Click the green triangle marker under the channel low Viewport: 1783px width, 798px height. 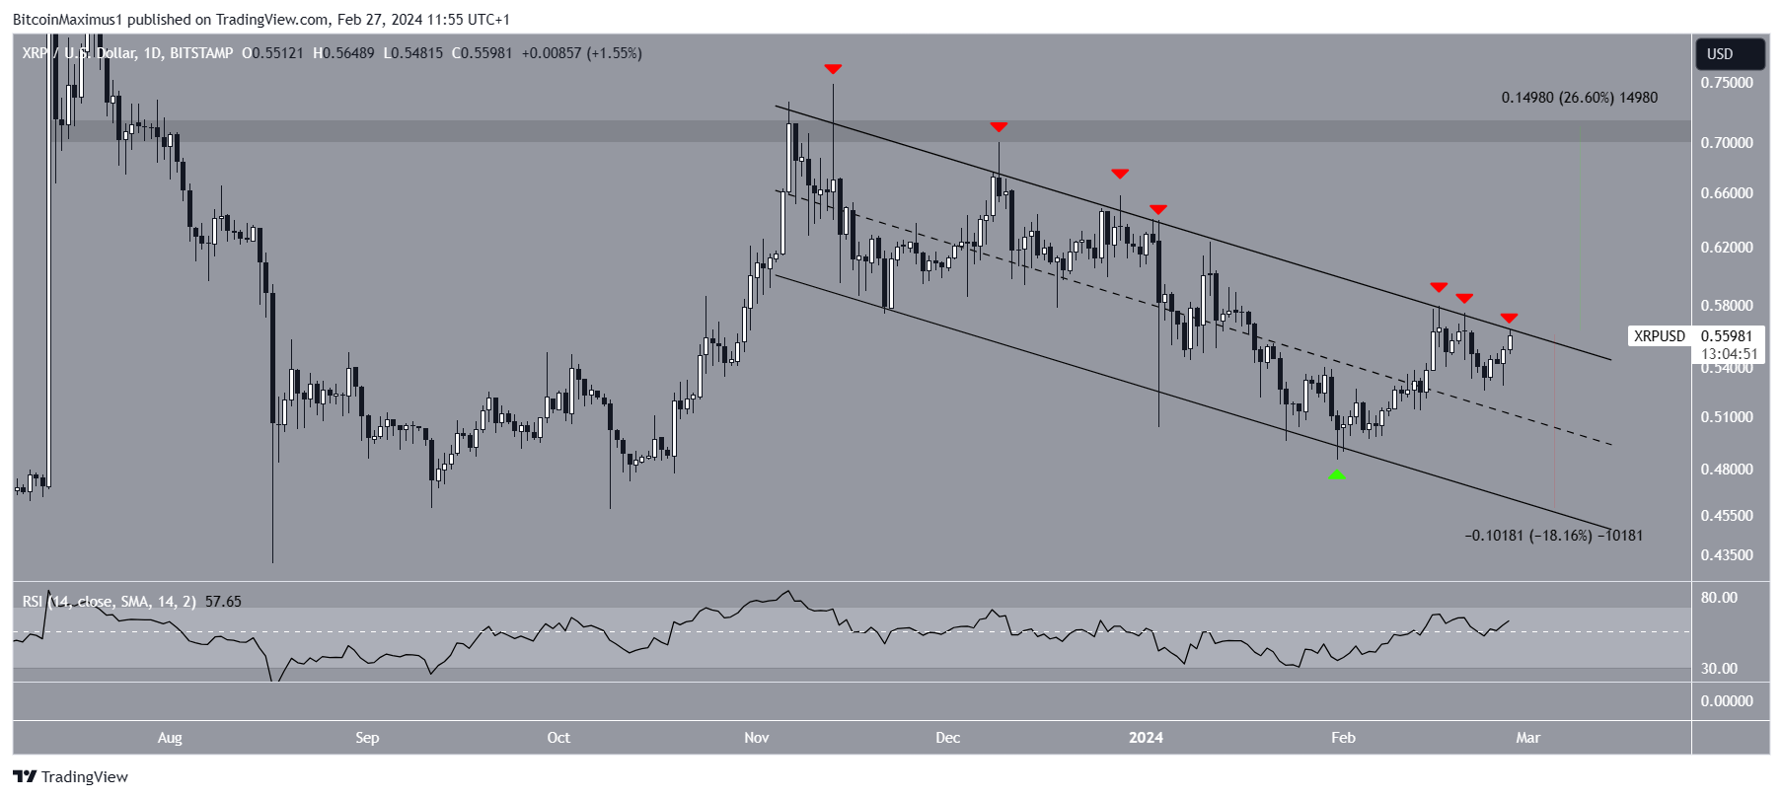click(1336, 474)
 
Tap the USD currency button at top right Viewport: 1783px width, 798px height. click(1720, 54)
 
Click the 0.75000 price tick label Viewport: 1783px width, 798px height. click(1727, 83)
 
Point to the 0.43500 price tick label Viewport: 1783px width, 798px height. click(1727, 555)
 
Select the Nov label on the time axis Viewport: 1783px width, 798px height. click(757, 738)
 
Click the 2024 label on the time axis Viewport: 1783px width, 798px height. click(1146, 738)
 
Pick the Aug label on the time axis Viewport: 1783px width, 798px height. click(170, 738)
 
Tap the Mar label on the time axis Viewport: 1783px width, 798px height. click(1527, 738)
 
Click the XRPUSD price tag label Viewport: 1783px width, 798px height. click(1659, 336)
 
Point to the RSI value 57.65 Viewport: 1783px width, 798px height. click(223, 602)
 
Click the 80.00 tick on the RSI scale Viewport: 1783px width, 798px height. click(1719, 598)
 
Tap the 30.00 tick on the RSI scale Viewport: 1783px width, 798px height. click(1719, 669)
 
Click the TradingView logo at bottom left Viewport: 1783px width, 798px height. click(71, 777)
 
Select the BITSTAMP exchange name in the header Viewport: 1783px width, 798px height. click(201, 53)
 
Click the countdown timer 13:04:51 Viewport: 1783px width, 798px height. click(1729, 354)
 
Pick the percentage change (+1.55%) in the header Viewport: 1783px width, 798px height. click(614, 53)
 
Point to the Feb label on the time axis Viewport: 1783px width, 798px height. click(1343, 738)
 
